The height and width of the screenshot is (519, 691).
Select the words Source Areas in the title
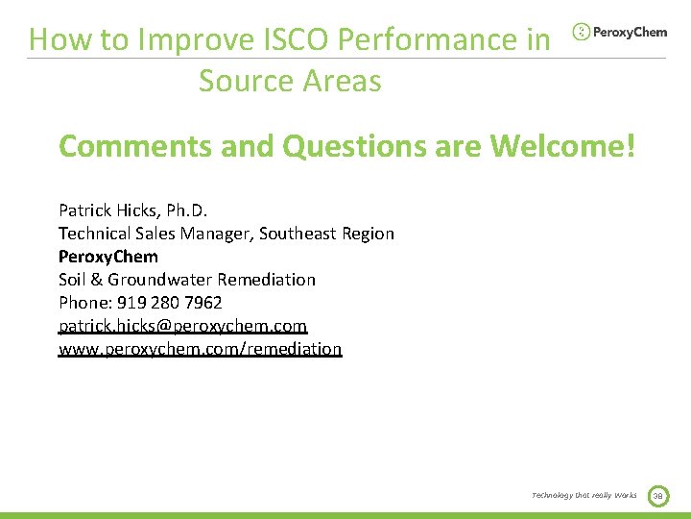(x=290, y=81)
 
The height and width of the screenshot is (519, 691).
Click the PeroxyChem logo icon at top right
(x=582, y=32)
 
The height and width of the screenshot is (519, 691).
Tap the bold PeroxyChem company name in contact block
(x=108, y=257)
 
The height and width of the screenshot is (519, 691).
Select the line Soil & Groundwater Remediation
(x=187, y=280)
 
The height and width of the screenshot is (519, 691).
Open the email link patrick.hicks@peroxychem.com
(x=182, y=326)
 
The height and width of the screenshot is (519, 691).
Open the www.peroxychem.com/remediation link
(x=200, y=349)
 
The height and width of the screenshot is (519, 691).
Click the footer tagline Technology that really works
(x=584, y=495)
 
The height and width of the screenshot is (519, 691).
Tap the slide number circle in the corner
(x=657, y=495)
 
